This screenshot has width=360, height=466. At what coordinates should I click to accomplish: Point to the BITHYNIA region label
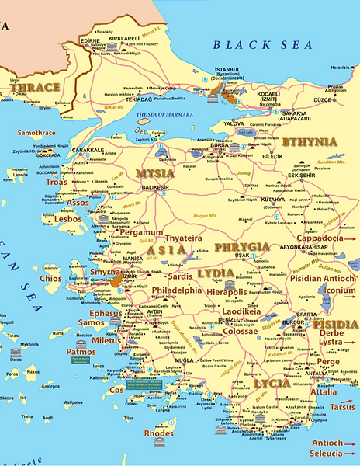point(310,142)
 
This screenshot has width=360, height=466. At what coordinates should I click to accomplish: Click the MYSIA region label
point(154,173)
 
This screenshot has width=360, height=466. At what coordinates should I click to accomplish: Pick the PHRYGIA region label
point(243,247)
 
